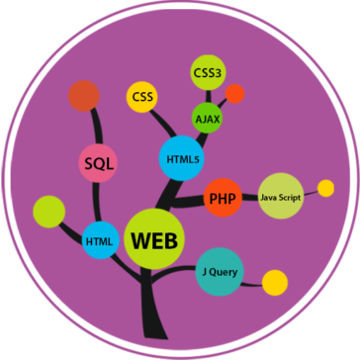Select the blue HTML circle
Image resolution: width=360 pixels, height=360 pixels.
[100, 240]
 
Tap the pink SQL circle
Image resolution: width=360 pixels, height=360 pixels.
[99, 164]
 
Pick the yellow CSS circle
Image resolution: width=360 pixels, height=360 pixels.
[140, 97]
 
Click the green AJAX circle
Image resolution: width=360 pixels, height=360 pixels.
[208, 119]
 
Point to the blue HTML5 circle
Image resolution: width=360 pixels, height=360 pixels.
[179, 158]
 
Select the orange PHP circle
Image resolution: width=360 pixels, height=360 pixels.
[221, 198]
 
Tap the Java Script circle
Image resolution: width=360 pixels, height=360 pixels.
[280, 196]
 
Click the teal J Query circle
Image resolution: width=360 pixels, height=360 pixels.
[220, 271]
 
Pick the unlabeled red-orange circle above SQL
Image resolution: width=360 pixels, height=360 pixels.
[82, 96]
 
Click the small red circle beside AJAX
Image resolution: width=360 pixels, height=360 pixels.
[234, 94]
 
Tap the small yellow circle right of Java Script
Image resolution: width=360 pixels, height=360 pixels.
[325, 188]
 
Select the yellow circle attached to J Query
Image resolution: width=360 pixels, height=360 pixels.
[274, 281]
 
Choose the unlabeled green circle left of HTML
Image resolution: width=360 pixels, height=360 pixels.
[47, 211]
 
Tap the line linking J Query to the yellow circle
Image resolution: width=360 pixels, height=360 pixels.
[252, 277]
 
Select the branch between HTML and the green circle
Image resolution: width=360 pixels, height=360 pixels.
[71, 225]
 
